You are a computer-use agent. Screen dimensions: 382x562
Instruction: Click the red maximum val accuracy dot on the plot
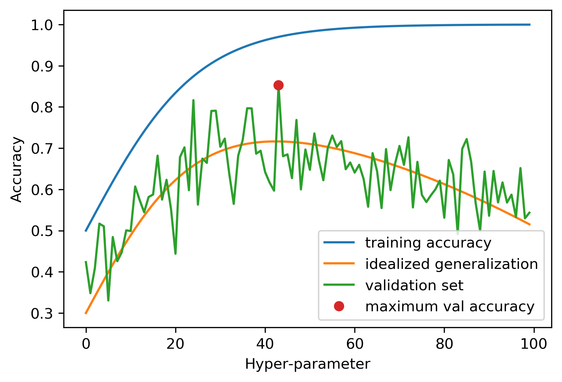[278, 85]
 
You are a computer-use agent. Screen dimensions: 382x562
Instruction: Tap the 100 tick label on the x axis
[534, 344]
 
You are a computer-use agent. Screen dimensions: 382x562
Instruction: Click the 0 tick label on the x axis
[86, 344]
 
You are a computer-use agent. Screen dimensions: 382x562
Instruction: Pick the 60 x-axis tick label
[355, 344]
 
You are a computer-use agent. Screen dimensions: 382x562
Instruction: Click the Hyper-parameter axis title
[307, 364]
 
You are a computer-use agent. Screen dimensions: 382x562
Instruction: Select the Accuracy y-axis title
[16, 169]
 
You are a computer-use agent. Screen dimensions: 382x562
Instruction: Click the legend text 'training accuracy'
[428, 243]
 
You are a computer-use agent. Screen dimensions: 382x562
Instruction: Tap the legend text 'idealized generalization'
[451, 264]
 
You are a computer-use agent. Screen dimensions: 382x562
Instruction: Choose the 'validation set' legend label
[414, 285]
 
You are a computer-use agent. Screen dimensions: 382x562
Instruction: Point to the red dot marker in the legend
[339, 306]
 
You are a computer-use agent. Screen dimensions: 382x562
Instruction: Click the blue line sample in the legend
[339, 243]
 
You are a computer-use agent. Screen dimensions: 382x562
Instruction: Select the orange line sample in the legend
[339, 264]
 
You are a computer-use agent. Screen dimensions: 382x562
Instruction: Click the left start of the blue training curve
[86, 231]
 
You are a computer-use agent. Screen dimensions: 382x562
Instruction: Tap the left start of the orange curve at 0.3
[86, 313]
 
